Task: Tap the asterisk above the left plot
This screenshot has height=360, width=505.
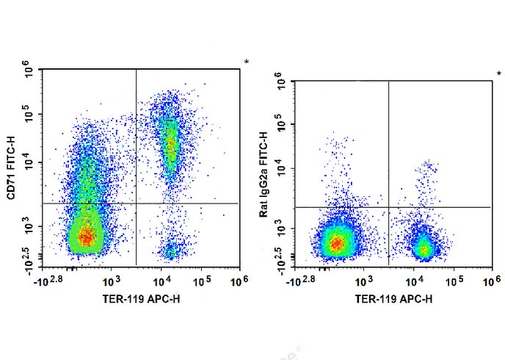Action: pyautogui.click(x=246, y=62)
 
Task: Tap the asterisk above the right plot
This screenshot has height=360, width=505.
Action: pyautogui.click(x=498, y=73)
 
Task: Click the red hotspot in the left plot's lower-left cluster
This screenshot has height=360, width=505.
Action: pyautogui.click(x=87, y=237)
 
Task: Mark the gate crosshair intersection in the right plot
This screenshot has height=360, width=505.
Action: pyautogui.click(x=388, y=207)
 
